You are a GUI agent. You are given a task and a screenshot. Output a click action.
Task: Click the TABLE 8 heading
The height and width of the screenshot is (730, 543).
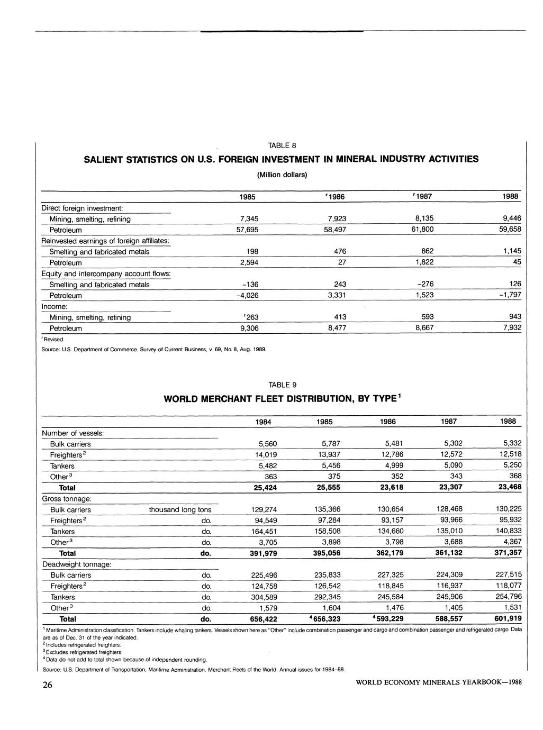[x=282, y=145]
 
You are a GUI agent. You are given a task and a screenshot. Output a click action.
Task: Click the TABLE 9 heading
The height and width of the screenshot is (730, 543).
[x=282, y=385]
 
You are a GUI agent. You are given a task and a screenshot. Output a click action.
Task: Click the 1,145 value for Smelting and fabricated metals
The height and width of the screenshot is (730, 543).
[x=510, y=251]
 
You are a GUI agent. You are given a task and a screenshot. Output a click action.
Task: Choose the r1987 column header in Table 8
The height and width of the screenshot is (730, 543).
[x=421, y=197]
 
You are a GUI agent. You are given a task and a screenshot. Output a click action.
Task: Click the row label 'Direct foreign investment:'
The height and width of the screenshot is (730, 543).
[x=82, y=208]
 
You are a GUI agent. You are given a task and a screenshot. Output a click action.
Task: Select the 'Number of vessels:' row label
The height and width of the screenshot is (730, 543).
[x=73, y=433]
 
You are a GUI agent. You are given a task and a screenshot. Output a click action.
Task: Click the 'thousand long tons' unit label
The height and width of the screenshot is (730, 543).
[x=180, y=510]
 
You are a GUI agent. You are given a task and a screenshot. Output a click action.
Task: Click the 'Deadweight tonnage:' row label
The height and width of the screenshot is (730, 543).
[x=77, y=564]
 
